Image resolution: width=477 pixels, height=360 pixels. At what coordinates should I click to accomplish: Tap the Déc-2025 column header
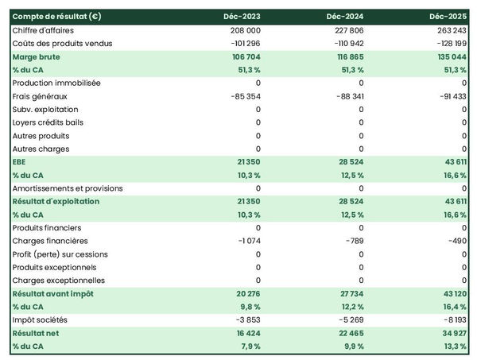pos(448,17)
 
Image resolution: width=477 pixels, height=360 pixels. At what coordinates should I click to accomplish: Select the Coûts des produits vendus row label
pos(63,43)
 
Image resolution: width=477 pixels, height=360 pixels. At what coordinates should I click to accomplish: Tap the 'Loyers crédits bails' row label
pos(48,122)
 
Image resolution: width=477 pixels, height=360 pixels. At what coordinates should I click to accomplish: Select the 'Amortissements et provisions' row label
pos(68,188)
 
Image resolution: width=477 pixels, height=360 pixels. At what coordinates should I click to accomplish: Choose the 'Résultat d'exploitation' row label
pos(56,201)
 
